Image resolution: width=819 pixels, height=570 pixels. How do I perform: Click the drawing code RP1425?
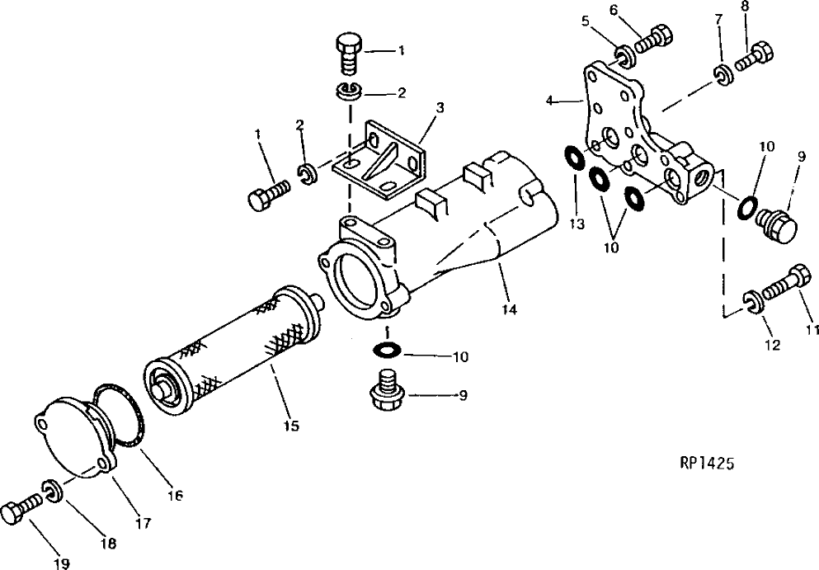coord(701,464)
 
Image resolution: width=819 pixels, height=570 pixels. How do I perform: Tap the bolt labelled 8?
coord(754,58)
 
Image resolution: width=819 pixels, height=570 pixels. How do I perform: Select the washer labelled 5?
coord(624,56)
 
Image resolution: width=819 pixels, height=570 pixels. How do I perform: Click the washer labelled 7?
coord(721,74)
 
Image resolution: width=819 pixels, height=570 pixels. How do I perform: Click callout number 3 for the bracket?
coord(440,107)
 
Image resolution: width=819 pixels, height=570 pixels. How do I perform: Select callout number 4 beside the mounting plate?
coord(550,101)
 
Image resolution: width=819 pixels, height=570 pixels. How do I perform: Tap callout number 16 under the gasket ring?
coord(174,496)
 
